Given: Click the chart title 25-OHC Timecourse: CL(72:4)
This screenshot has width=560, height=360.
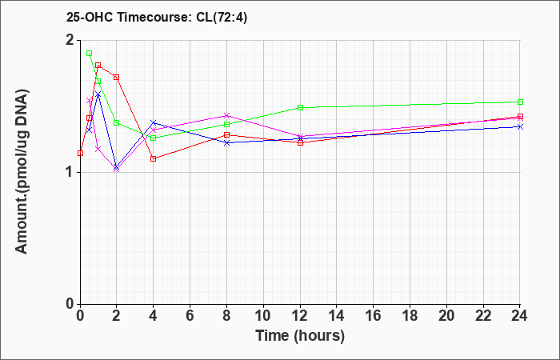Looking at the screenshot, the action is tap(157, 18).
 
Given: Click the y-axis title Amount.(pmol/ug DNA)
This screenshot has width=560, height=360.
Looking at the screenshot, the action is tap(22, 171).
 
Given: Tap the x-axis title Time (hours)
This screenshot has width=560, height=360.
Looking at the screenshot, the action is tap(300, 336).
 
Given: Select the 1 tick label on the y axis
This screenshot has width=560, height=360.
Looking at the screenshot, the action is tap(70, 173).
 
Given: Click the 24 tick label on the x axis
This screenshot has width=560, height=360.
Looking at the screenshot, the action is tap(520, 316).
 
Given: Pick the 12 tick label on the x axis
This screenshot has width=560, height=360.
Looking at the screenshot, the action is tap(300, 316).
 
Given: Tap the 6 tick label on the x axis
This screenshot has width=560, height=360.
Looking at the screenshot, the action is tap(190, 316).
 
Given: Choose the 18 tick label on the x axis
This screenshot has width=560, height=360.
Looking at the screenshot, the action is tap(410, 316).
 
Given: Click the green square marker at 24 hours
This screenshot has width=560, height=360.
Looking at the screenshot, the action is tap(520, 102).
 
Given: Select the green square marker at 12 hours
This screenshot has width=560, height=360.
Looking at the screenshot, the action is tap(300, 107).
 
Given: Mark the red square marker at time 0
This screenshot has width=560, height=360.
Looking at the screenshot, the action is tap(80, 154).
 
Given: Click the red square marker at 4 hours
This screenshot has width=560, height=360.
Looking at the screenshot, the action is tap(154, 159).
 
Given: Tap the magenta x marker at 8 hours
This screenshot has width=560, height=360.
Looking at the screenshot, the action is tap(226, 115).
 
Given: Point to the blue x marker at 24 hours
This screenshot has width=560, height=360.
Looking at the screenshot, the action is tap(520, 126).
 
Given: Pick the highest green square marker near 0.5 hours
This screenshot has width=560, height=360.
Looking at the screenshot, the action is tap(90, 54).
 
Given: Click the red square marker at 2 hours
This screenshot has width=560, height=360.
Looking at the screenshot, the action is tap(117, 77).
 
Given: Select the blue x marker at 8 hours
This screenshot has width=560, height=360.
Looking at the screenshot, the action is tap(226, 143).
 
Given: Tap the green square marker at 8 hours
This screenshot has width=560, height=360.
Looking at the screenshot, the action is tap(226, 124).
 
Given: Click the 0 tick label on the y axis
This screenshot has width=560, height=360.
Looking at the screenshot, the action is tap(70, 304).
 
